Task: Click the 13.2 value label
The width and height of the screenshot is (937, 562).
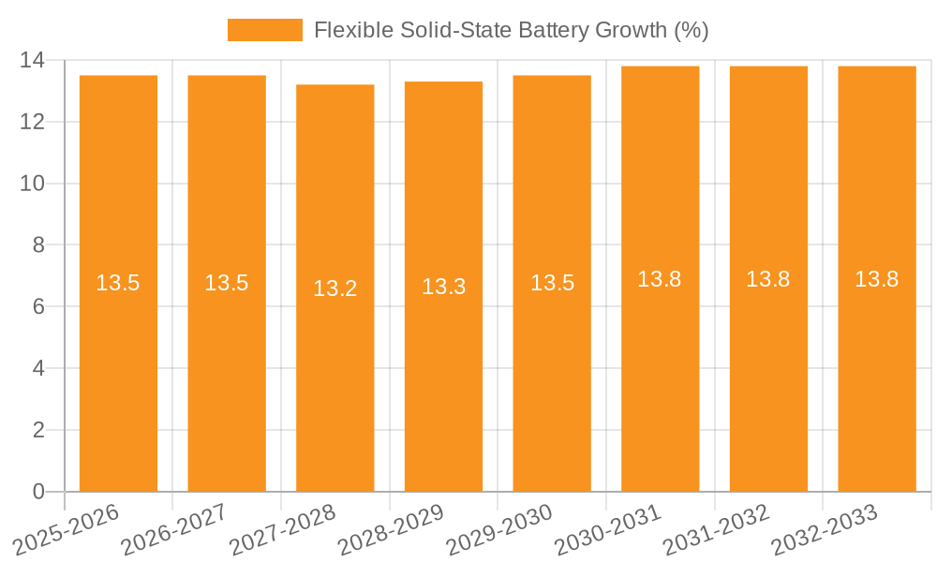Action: coord(335,288)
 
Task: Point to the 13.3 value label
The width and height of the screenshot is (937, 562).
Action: coord(444,287)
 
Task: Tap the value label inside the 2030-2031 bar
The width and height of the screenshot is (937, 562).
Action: coord(660,279)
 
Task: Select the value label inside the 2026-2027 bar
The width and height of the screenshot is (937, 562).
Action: coord(227,283)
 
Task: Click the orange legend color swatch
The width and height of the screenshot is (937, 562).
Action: coord(265,30)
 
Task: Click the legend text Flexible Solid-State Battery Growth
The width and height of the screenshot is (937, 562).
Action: coord(511,30)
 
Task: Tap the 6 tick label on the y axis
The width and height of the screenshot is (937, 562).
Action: coord(38,307)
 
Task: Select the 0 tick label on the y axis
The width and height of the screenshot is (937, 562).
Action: coord(38,492)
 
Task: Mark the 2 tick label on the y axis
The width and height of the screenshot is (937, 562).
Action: coord(38,430)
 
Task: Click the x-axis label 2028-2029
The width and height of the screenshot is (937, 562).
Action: coord(391,530)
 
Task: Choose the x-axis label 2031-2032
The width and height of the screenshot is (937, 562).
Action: coord(717,530)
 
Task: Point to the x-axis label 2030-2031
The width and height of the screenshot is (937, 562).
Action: coord(608,530)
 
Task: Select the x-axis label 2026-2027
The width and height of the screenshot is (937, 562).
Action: coord(174,530)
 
